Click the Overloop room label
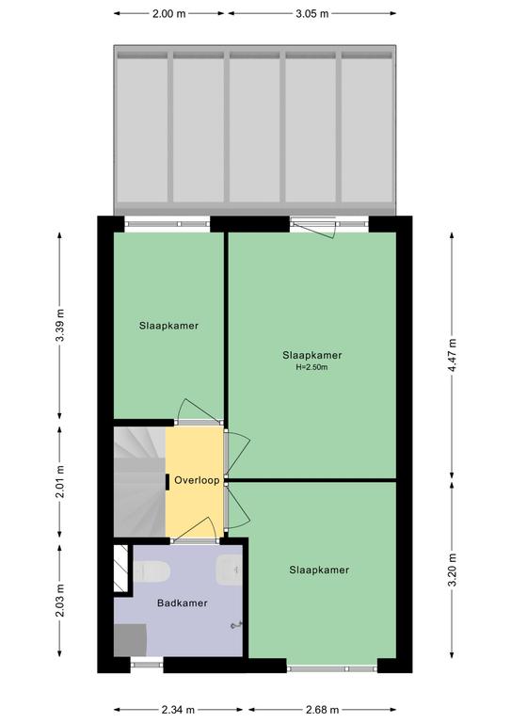point(197,480)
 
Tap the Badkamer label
point(182,602)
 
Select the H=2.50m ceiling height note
point(311,367)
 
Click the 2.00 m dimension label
point(169,14)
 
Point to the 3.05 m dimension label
point(312,14)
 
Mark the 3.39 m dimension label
point(60,325)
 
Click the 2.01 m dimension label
point(60,482)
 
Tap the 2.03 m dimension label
point(60,600)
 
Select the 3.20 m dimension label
point(452,570)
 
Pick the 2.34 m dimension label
point(178,710)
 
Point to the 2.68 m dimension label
point(322,710)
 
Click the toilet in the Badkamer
point(152,571)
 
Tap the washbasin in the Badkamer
point(229,570)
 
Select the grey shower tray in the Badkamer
point(131,640)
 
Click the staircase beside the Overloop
point(139,482)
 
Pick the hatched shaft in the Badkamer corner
point(120,568)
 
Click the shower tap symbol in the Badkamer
point(237,625)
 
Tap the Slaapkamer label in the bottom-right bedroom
point(319,570)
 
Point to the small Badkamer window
point(147,665)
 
